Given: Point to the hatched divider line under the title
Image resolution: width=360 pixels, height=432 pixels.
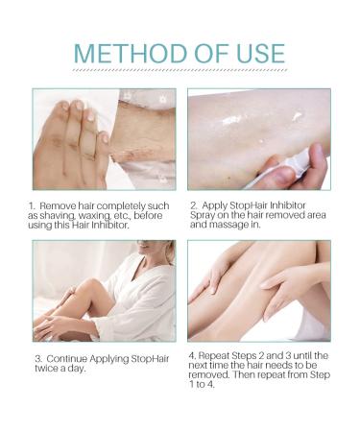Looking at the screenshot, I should pos(180,72).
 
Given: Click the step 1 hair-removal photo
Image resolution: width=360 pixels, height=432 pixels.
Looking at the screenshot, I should pos(104,138).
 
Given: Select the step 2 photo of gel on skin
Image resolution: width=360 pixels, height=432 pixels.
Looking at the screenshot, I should pos(257,138).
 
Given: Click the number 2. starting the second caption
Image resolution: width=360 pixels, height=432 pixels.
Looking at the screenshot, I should pos(193,205).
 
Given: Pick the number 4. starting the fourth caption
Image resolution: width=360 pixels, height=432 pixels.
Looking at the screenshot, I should pos(192,355).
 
